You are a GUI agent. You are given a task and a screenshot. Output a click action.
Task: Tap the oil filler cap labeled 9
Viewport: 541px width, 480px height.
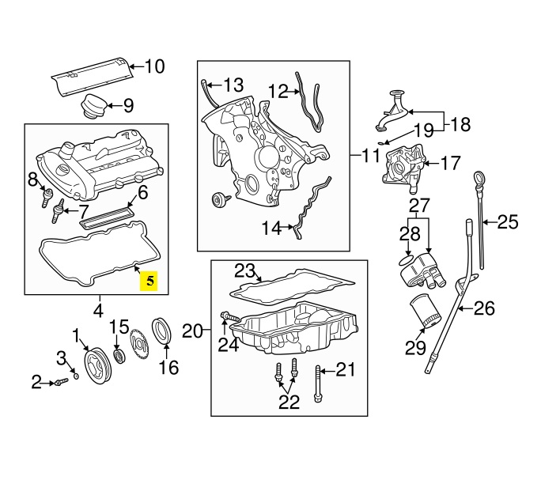(93, 104)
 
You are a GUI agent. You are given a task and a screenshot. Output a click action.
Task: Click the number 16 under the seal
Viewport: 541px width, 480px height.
(169, 367)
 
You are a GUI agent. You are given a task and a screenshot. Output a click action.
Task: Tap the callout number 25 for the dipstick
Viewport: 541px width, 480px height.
(507, 223)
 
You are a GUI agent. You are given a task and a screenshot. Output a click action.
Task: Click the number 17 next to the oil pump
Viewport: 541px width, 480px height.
(450, 164)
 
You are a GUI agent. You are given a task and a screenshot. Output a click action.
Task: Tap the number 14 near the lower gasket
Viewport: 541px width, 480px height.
(271, 229)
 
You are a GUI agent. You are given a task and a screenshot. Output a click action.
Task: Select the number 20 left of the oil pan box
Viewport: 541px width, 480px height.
(194, 330)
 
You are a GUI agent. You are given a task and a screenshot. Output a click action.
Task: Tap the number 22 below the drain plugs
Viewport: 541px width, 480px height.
(289, 402)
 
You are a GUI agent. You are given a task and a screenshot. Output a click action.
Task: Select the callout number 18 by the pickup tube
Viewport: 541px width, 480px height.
(460, 123)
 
